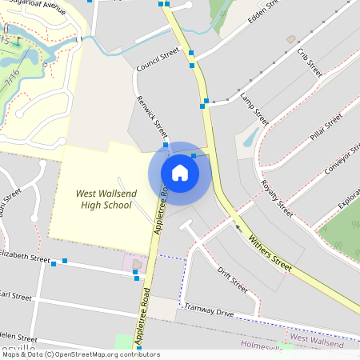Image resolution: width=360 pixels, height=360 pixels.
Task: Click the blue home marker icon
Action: tap(179, 173)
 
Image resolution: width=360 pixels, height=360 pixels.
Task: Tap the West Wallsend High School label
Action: tap(104, 199)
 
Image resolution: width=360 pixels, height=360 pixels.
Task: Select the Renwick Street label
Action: tap(151, 118)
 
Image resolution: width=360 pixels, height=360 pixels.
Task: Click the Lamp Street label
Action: tap(254, 107)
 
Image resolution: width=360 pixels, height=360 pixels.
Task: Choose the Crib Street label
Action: tap(309, 62)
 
